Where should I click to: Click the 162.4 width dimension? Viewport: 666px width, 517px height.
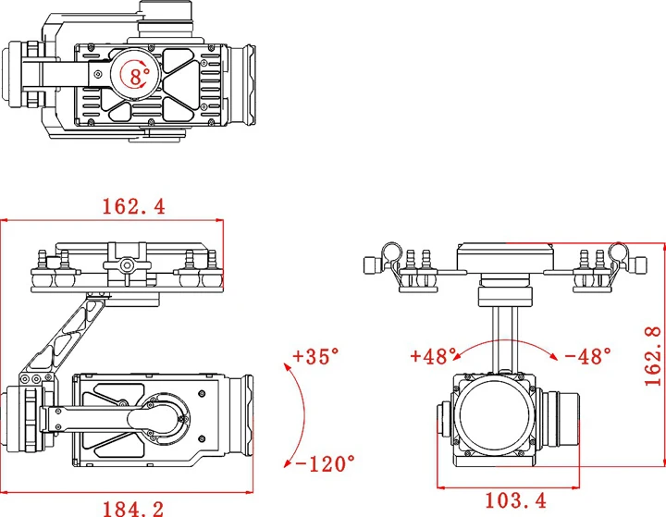click(x=133, y=206)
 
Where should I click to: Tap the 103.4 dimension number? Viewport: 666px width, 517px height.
click(x=515, y=501)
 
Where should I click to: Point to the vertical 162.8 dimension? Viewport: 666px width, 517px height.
click(x=654, y=354)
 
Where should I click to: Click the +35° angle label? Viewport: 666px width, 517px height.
click(x=315, y=355)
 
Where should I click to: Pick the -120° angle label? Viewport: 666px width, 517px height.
click(x=325, y=462)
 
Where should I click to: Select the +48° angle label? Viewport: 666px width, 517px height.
click(x=435, y=355)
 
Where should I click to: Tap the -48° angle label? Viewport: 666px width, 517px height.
click(x=587, y=355)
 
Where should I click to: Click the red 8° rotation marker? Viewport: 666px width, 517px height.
click(x=137, y=76)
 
